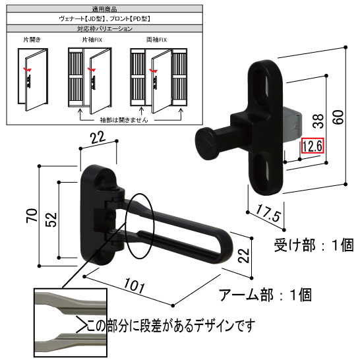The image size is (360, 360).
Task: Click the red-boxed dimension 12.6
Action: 311,146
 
